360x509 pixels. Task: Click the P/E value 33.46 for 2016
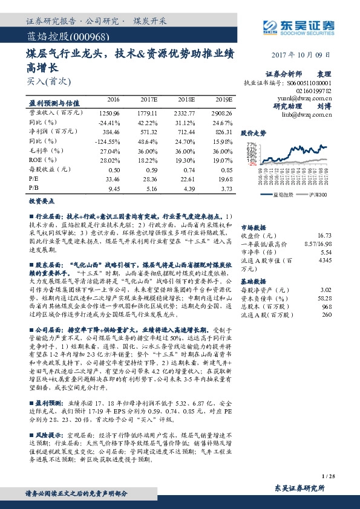pos(113,179)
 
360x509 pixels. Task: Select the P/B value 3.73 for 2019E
pos(226,189)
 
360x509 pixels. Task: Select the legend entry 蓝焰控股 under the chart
pos(283,195)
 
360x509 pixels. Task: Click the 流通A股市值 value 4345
pos(326,260)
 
